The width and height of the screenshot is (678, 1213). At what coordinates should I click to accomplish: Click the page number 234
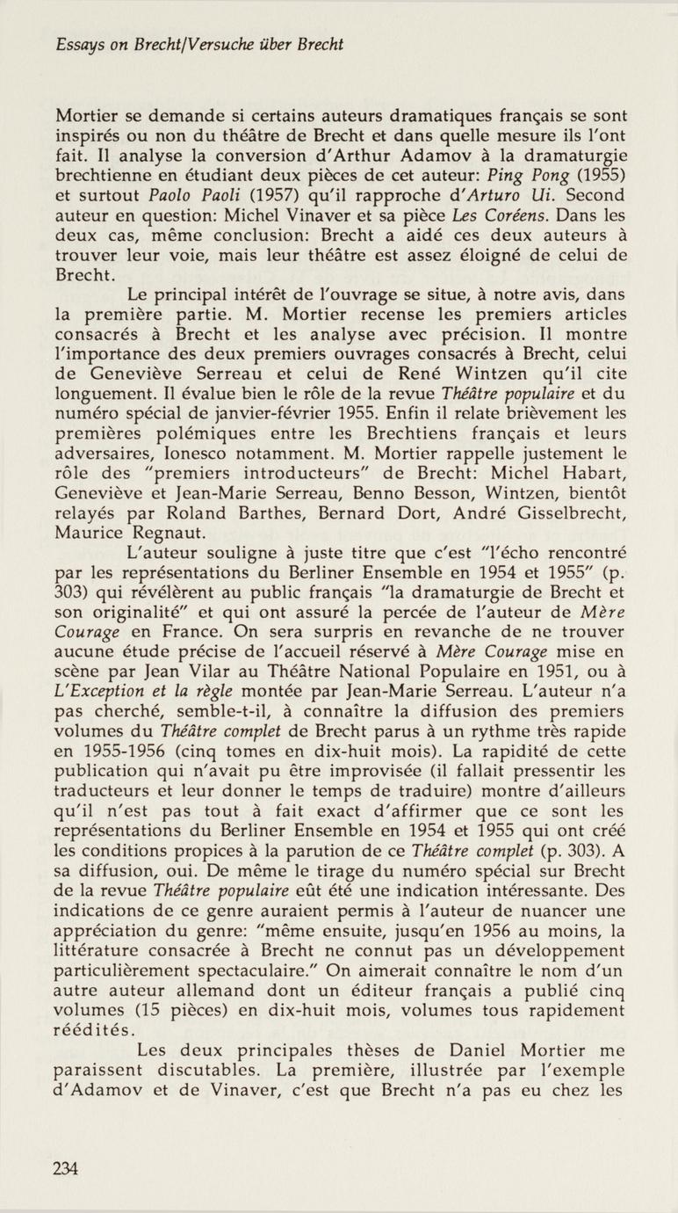[x=66, y=1168]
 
